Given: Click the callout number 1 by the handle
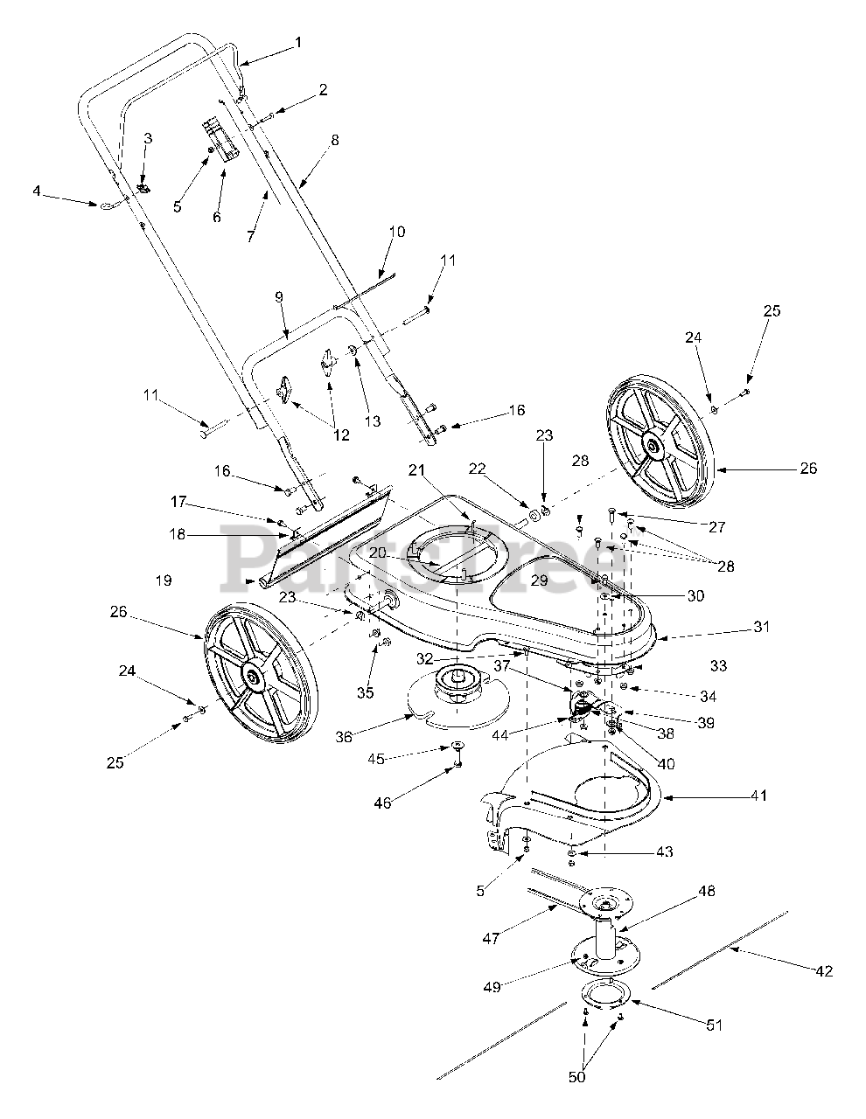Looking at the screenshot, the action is tap(297, 42).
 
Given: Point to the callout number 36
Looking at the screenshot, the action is tap(344, 737).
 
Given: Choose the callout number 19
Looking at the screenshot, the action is tap(164, 580).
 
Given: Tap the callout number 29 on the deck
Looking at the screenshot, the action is tap(540, 580).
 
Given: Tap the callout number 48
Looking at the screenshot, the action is tap(707, 891).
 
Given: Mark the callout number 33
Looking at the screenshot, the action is tap(719, 666).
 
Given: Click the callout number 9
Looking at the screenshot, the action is tap(279, 296).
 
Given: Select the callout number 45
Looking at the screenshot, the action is tap(377, 759).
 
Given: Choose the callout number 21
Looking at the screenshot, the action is tap(416, 469).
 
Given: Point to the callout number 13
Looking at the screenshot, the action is tap(373, 420).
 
